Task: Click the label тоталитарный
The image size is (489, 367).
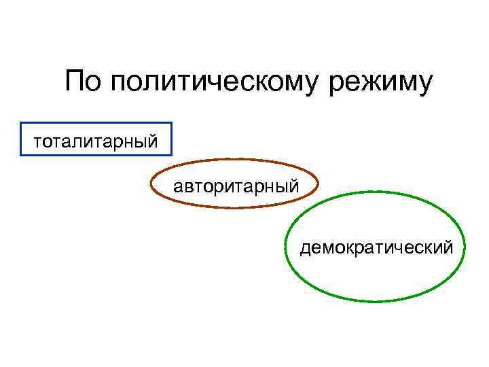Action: click(96, 142)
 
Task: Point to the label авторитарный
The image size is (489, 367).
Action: click(235, 184)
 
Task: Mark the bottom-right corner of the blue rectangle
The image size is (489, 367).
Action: click(172, 156)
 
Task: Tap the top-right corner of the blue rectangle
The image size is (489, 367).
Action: click(172, 123)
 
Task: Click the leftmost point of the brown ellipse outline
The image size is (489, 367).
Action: click(151, 183)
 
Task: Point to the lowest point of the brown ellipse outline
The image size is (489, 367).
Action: click(234, 207)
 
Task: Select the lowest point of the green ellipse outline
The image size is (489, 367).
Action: click(376, 300)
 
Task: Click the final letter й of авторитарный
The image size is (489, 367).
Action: click(293, 183)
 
